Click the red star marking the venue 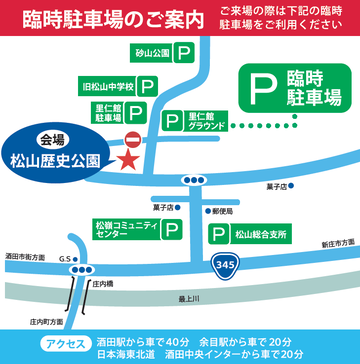pos(127,158)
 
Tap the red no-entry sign pos(132,139)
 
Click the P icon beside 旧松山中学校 pos(146,86)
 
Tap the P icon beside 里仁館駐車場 pos(146,112)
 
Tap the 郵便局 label pos(221,212)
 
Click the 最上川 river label pos(217,298)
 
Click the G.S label pos(66,258)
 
